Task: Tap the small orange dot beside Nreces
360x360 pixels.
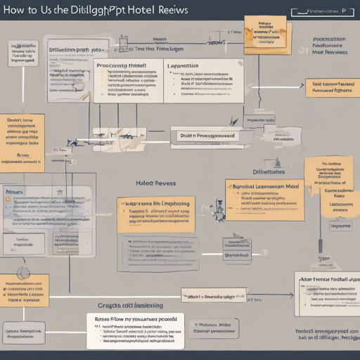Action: (x=8, y=200)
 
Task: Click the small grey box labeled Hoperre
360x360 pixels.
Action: (x=342, y=226)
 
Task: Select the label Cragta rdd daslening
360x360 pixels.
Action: (x=129, y=305)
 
